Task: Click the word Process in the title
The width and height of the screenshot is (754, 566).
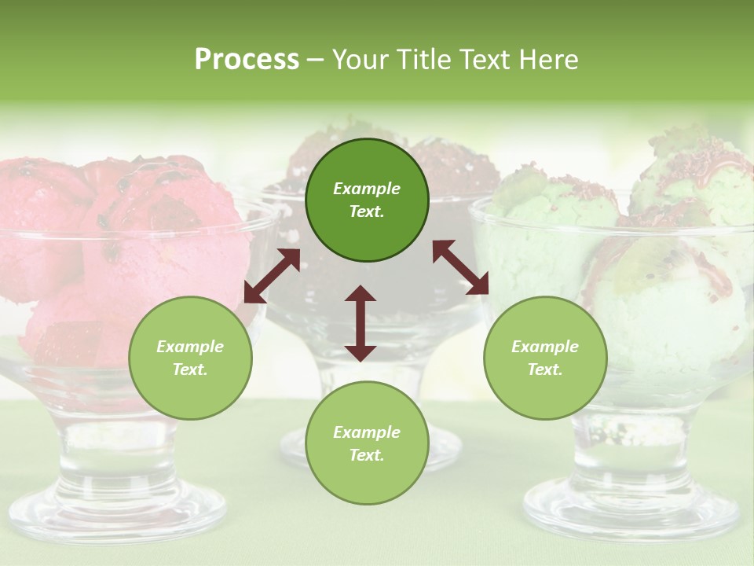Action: point(247,60)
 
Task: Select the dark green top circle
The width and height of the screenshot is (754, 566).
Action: point(367,200)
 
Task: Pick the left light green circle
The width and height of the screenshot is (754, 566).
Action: point(190,358)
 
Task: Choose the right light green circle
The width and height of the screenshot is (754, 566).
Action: point(545,358)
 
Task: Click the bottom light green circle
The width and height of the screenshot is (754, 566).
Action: point(367,443)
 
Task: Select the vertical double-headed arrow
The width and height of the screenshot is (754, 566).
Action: point(361,323)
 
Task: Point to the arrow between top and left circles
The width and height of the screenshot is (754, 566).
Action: point(272,275)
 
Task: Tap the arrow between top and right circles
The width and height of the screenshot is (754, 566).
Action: point(460,267)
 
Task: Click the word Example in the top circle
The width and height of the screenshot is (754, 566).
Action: point(367,189)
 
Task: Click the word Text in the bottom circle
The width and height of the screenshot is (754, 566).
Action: point(367,455)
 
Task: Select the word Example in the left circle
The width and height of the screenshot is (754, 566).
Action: point(190,347)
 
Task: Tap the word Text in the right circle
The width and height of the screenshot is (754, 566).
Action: point(545,369)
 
